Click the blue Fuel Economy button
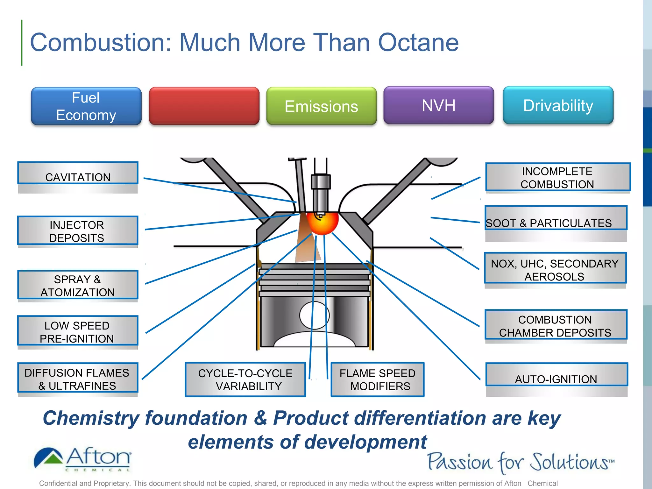point(86,106)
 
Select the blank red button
point(204,106)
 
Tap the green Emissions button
point(322,106)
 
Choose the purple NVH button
point(439,105)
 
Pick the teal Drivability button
point(558,105)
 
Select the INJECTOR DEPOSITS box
point(78,231)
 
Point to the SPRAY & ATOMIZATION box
point(78,285)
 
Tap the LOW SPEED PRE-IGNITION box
point(78,331)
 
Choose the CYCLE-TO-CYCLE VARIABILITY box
point(245,379)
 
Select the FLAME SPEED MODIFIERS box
point(378,379)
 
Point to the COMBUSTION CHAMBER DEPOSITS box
point(556,325)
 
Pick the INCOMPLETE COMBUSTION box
point(558,177)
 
